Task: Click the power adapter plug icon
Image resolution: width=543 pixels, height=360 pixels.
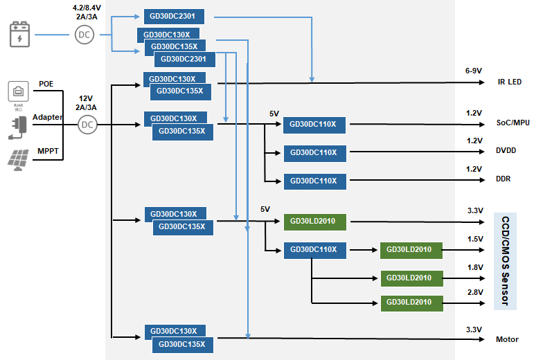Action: point(19,125)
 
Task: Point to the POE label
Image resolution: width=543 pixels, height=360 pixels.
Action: point(46,84)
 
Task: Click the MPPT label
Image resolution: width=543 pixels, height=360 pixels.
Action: point(48,150)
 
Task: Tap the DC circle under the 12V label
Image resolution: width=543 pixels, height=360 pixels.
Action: point(87,125)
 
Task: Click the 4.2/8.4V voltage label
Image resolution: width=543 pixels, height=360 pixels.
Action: point(87,8)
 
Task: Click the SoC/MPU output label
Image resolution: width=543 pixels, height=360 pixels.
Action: point(513,123)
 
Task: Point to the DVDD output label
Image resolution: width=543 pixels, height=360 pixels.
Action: point(506,150)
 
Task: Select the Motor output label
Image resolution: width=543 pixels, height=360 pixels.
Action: point(507,339)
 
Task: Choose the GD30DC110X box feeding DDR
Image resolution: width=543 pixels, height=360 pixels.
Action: point(314,181)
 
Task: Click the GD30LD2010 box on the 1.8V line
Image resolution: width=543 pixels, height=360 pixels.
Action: point(411,278)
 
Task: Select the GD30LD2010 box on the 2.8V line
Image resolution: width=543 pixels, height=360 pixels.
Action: point(411,303)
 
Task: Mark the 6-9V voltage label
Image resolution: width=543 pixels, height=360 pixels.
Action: point(473,71)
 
